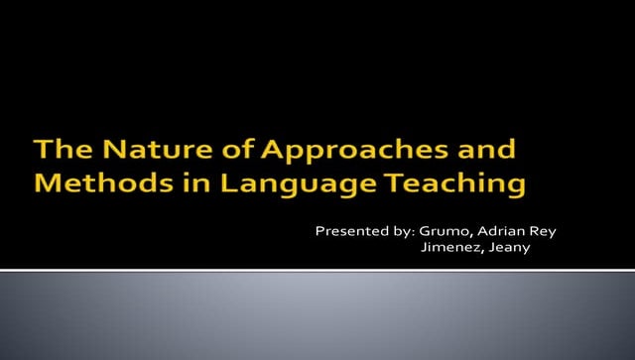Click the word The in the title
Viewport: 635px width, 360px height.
(x=58, y=152)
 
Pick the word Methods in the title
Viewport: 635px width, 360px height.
(x=94, y=182)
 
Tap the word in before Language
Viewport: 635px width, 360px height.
(x=178, y=182)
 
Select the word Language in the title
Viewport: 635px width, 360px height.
(x=271, y=184)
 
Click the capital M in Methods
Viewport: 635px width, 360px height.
(x=48, y=182)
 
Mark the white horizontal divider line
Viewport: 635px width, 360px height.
(x=317, y=269)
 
